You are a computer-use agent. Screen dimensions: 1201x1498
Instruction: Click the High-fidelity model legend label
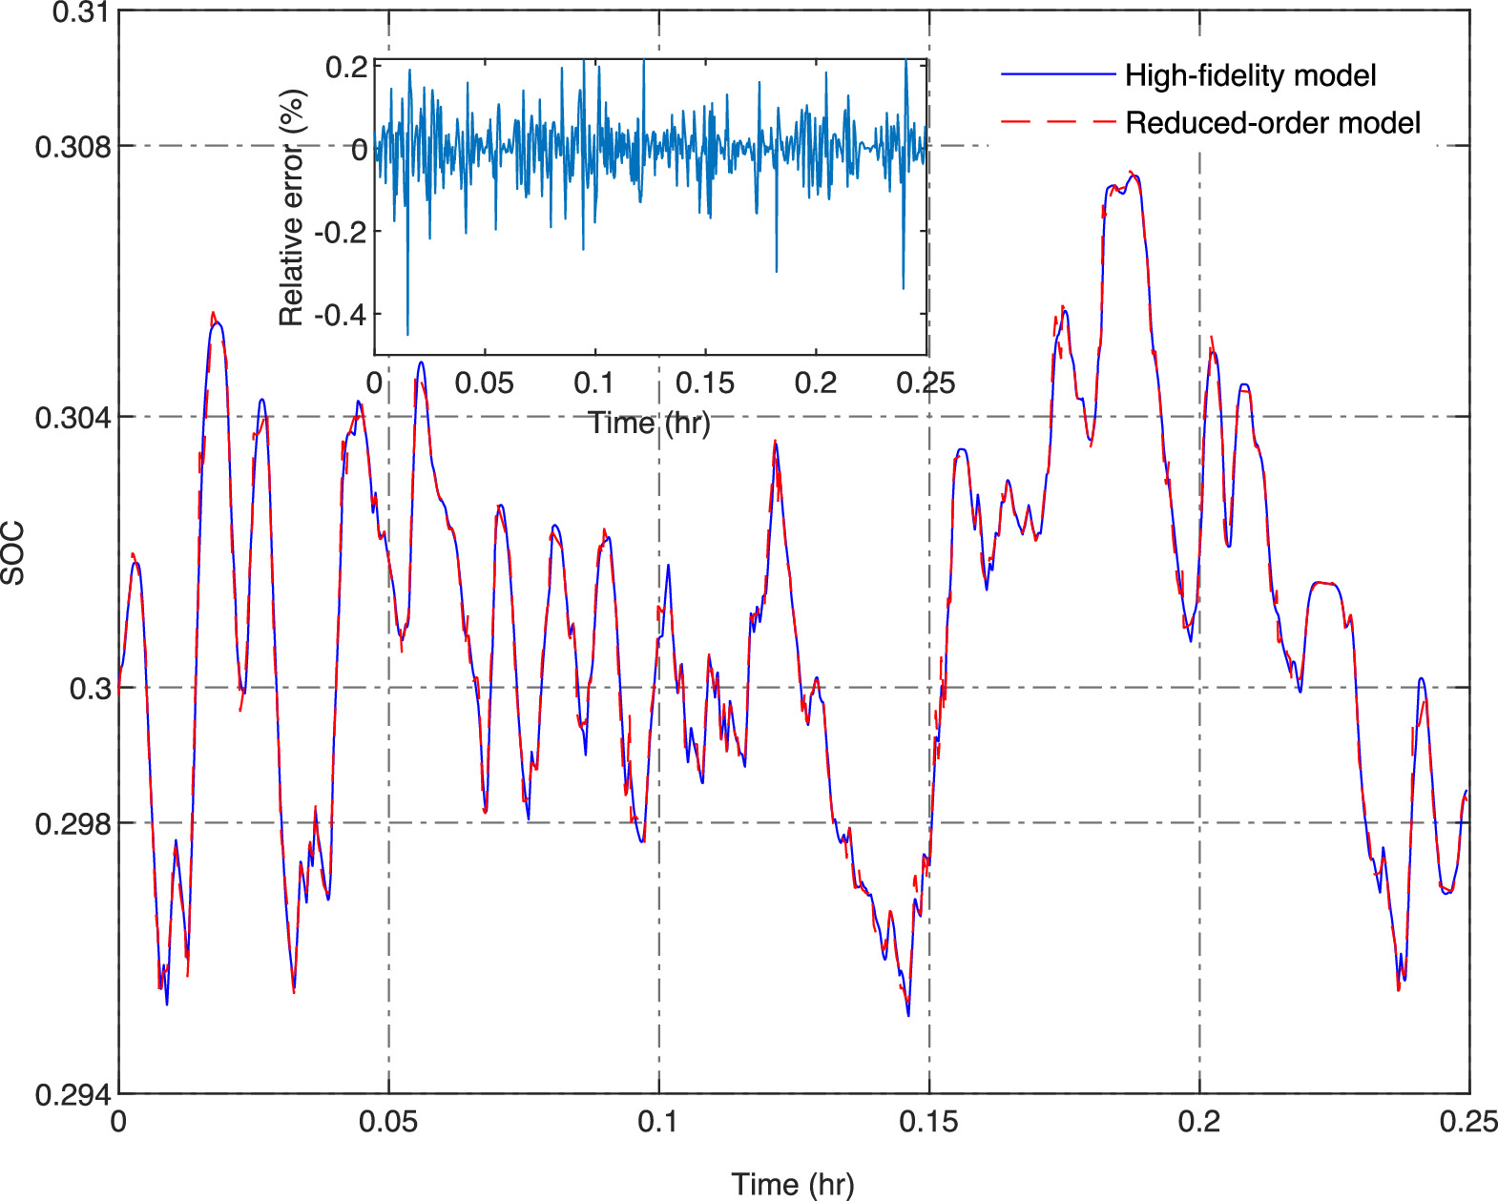(1250, 75)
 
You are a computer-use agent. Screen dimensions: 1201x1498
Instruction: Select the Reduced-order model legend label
(1273, 123)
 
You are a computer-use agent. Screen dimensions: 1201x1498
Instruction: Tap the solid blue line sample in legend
(1057, 74)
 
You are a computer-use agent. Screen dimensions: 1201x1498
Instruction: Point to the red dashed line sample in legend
(1057, 122)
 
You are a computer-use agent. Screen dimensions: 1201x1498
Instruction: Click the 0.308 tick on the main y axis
(73, 147)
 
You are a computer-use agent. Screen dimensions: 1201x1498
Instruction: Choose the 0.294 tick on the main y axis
(73, 1095)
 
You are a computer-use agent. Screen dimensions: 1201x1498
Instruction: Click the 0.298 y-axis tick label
(73, 823)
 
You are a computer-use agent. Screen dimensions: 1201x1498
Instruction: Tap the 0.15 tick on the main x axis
(928, 1122)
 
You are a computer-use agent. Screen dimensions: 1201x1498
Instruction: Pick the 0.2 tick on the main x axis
(1199, 1122)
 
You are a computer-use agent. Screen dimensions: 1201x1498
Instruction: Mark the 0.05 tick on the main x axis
(388, 1122)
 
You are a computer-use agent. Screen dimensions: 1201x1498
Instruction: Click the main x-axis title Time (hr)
(793, 1184)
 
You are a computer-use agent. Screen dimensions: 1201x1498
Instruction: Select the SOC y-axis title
(13, 553)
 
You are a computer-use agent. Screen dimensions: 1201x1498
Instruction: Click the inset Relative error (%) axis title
(292, 208)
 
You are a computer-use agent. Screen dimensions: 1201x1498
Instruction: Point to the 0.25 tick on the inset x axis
(926, 383)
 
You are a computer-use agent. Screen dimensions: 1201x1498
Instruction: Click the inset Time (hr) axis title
(649, 423)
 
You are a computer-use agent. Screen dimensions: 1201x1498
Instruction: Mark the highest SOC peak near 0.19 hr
(1133, 175)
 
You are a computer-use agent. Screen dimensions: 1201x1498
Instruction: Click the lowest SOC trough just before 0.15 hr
(907, 1015)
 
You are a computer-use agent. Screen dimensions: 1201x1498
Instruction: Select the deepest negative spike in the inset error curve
(407, 334)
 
